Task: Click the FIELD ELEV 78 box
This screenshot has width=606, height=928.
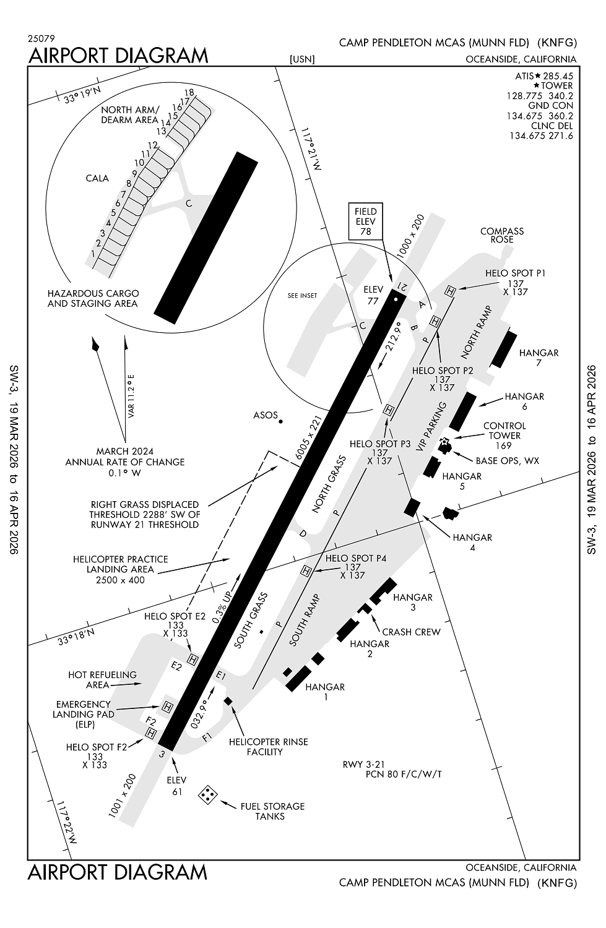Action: (365, 221)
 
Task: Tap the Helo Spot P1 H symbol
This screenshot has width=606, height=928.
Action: (451, 290)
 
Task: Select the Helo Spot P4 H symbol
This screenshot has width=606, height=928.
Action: (305, 571)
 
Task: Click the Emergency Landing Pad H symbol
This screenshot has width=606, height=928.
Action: (167, 707)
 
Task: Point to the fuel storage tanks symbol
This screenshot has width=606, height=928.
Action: (207, 794)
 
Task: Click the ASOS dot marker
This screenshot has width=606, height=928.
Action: (280, 421)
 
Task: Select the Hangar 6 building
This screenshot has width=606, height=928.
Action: (462, 411)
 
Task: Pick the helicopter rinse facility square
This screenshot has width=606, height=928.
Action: (228, 701)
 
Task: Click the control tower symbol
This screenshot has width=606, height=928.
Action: (444, 444)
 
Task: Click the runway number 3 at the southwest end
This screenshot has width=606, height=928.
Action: (162, 754)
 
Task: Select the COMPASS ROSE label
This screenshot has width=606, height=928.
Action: (501, 235)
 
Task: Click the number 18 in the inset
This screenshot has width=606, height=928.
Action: (189, 93)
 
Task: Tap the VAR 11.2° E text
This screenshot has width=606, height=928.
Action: (131, 395)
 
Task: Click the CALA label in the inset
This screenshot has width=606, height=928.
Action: (97, 178)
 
